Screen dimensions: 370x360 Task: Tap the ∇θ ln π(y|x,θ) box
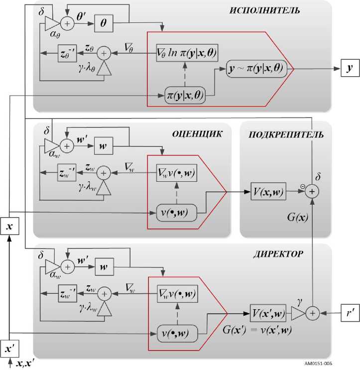pyautogui.click(x=187, y=53)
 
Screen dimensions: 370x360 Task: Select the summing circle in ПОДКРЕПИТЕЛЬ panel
pyautogui.click(x=313, y=191)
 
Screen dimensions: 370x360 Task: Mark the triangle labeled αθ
pyautogui.click(x=51, y=22)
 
